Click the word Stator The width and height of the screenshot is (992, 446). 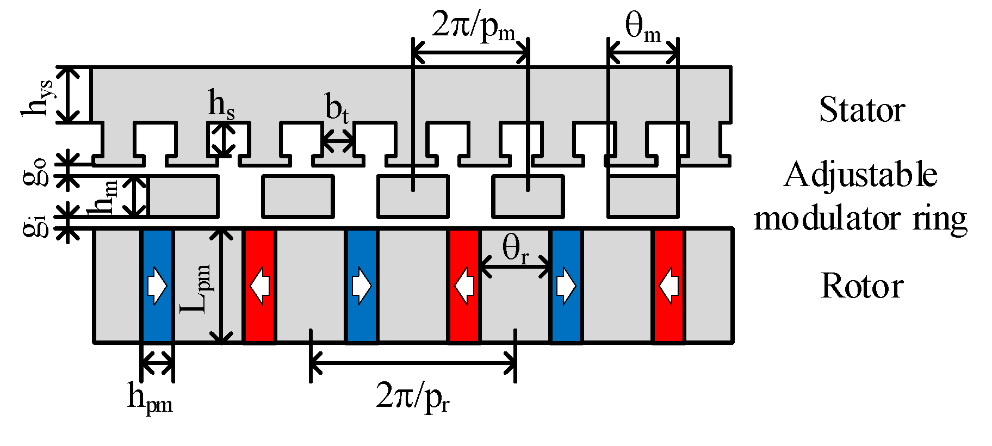(861, 110)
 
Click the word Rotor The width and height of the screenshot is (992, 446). (861, 286)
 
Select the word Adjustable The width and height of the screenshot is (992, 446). (860, 175)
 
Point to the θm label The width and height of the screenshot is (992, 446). (643, 27)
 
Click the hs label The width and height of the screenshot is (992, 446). (221, 104)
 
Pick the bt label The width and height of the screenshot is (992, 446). (337, 108)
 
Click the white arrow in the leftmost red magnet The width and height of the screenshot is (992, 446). (260, 286)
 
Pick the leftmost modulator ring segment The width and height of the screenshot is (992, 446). (183, 196)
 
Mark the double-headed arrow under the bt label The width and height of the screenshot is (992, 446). (337, 143)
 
